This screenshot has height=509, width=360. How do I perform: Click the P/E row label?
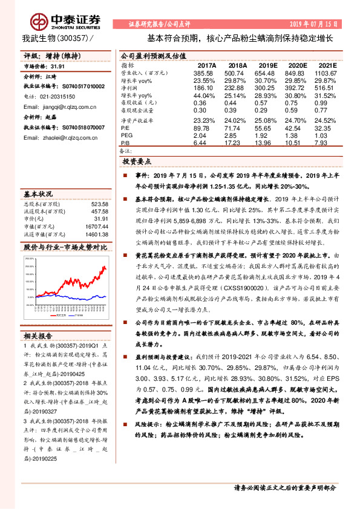(x=125, y=128)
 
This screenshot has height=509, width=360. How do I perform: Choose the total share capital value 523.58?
(x=97, y=204)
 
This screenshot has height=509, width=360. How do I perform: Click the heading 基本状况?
(x=38, y=194)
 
